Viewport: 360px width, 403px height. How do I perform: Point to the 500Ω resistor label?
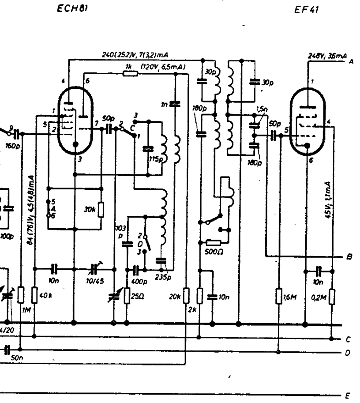click(214, 252)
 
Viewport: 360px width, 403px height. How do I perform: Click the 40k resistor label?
click(43, 295)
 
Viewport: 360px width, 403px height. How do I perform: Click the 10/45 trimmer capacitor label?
click(95, 281)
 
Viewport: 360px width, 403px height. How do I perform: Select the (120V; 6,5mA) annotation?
click(163, 67)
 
